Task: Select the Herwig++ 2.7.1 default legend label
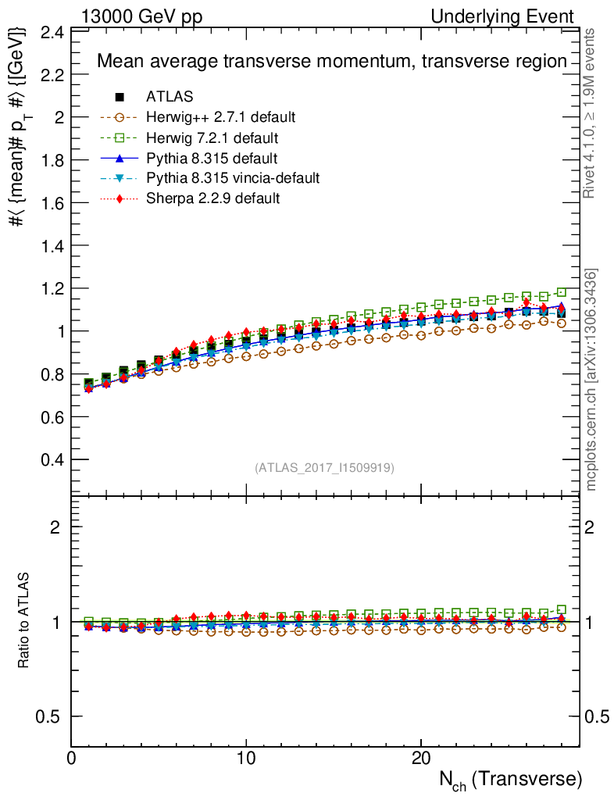221,117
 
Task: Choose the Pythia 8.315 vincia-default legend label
233,178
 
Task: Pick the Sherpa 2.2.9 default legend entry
212,198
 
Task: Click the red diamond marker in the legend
120,198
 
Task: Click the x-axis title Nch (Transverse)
509,780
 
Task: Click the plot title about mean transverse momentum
331,62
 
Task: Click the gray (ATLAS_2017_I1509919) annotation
324,468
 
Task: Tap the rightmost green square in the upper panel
562,292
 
